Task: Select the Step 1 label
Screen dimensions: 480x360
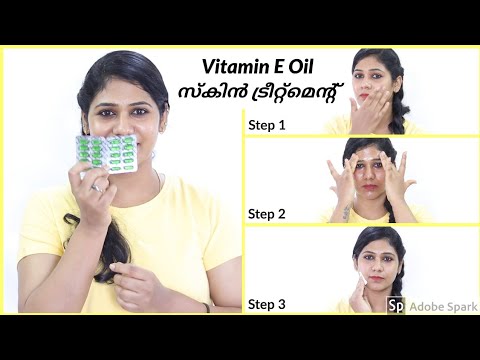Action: (x=267, y=126)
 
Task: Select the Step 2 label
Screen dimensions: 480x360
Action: (x=267, y=214)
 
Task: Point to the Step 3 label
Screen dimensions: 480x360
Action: (x=267, y=304)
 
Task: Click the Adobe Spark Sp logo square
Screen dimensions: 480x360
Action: (x=396, y=306)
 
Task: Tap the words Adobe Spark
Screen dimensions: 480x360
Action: (x=443, y=306)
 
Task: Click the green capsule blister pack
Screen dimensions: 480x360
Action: (x=106, y=154)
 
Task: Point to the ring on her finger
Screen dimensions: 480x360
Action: (x=97, y=188)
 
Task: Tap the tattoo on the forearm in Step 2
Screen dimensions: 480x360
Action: (x=346, y=212)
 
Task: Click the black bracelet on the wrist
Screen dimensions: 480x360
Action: (x=207, y=307)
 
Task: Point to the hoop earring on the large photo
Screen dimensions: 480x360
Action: (x=153, y=156)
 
